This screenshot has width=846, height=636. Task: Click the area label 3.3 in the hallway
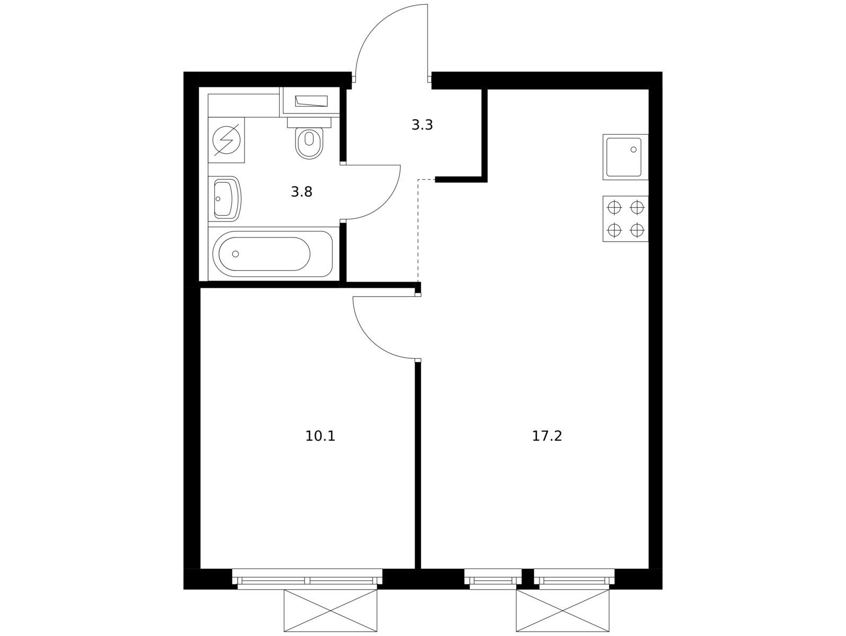422,125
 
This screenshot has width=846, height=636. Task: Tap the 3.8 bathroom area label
301,191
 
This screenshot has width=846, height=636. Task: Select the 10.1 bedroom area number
320,436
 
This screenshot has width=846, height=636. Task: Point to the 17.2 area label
547,436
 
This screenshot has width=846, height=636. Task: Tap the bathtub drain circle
236,254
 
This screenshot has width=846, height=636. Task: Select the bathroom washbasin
225,199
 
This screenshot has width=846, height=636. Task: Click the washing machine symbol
226,140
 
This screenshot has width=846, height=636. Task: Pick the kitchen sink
625,157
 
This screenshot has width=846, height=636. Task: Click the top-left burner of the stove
614,208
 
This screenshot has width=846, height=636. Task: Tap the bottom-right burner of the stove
637,230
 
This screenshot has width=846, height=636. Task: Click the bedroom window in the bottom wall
307,579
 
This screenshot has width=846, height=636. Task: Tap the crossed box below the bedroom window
330,611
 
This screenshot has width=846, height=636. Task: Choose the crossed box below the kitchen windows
563,611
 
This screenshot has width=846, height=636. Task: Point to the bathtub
273,254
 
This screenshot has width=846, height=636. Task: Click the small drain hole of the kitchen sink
634,149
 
